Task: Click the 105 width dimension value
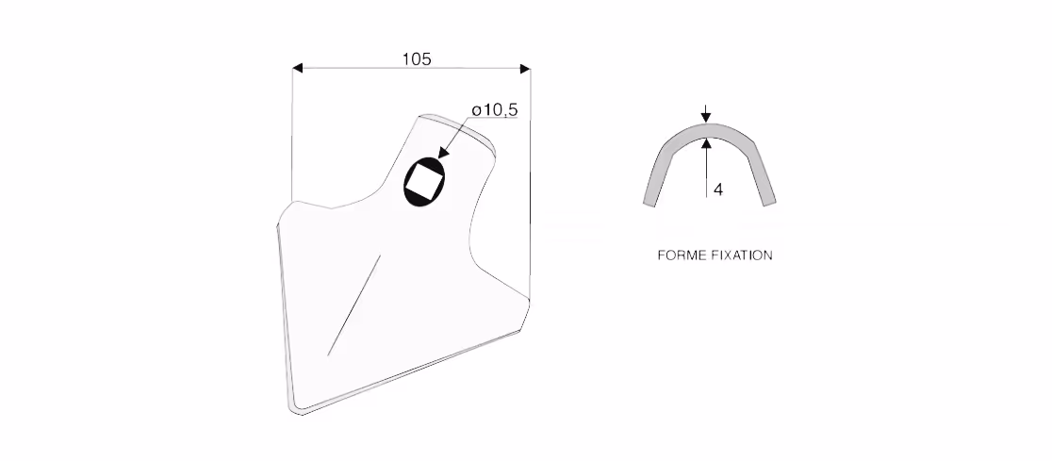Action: pyautogui.click(x=417, y=59)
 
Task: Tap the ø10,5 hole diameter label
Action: pyautogui.click(x=495, y=110)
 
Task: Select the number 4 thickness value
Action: pyautogui.click(x=718, y=189)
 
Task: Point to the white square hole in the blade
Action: pyautogui.click(x=425, y=181)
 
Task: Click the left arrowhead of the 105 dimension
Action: pyautogui.click(x=298, y=68)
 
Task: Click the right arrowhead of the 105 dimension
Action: pyautogui.click(x=525, y=68)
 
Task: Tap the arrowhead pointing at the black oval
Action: pyautogui.click(x=443, y=153)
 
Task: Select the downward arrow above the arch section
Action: pyautogui.click(x=706, y=113)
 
